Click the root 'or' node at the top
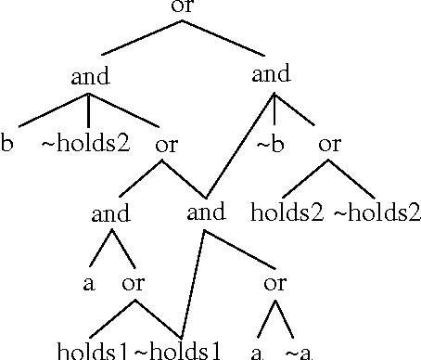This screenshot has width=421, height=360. tap(183, 7)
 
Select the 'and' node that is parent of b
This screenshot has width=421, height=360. tap(90, 77)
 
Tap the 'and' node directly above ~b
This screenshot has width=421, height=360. tap(271, 74)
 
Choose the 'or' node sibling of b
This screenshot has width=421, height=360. tap(166, 146)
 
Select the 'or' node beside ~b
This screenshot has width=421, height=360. tap(330, 146)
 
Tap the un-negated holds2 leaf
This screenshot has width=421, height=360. tap(287, 213)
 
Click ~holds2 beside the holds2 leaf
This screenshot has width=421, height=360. tap(376, 213)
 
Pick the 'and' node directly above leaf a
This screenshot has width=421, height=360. tap(110, 214)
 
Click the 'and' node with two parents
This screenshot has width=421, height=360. tap(206, 212)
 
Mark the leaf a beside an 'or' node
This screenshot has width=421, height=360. tap(89, 284)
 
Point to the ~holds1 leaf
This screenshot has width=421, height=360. tap(179, 352)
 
